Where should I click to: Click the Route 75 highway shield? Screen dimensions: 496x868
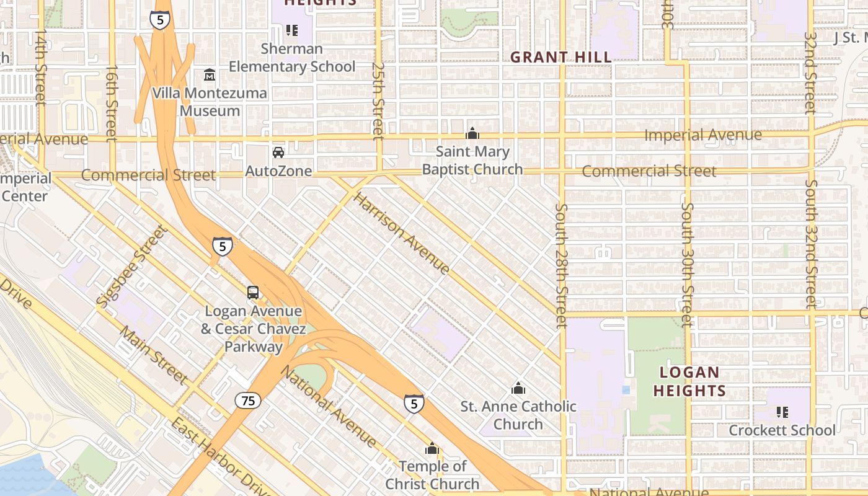click(248, 401)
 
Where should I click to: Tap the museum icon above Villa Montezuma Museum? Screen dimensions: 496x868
click(210, 75)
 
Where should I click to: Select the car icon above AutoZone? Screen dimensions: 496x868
click(278, 152)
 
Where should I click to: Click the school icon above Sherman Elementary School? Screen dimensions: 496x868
click(291, 30)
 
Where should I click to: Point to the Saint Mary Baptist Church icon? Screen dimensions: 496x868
click(472, 133)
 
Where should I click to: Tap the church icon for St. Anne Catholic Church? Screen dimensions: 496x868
click(518, 389)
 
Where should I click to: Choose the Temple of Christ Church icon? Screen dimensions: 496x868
click(432, 448)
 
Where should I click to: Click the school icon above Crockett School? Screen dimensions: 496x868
click(782, 412)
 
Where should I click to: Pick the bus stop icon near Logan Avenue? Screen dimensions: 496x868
click(253, 293)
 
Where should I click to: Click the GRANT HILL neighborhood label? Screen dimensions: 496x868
click(560, 58)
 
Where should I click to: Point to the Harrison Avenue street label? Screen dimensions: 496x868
click(401, 232)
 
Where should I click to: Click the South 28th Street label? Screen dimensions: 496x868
click(562, 265)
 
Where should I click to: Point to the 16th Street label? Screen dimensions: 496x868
click(112, 102)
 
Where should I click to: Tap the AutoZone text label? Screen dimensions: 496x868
click(278, 170)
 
